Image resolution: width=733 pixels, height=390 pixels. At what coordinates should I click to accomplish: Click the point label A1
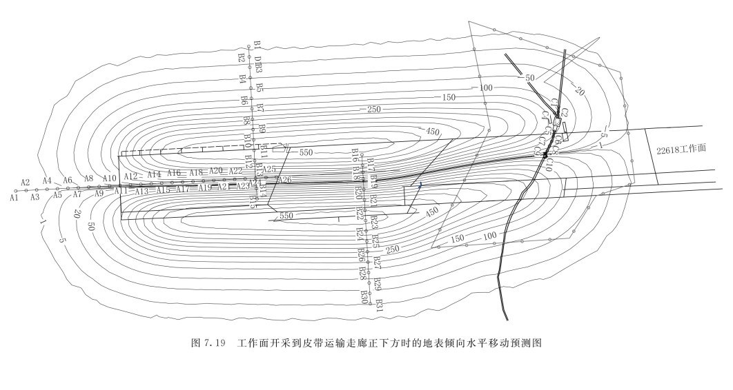point(13,197)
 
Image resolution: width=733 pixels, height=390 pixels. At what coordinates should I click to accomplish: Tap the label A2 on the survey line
point(26,183)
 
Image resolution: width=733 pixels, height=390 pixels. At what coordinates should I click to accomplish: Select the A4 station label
point(48,181)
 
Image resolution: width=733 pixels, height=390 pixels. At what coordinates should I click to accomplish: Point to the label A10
point(110,179)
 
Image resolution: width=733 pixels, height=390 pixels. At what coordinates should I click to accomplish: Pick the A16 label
point(174,173)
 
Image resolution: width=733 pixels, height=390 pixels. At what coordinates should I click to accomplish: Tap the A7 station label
point(77,194)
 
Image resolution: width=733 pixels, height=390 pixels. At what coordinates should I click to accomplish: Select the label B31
point(379,305)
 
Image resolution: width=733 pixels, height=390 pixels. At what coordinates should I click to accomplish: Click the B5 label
point(259,88)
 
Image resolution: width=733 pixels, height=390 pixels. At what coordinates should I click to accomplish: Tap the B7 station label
point(260,109)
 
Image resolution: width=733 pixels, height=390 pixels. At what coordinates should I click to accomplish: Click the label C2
point(564,112)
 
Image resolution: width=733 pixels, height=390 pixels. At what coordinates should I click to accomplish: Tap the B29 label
point(378,283)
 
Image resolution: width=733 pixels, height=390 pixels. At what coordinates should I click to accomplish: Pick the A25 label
point(268,170)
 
